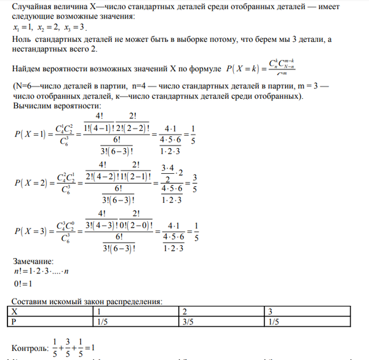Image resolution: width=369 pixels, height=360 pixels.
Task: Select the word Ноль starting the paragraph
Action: pos(23,39)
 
